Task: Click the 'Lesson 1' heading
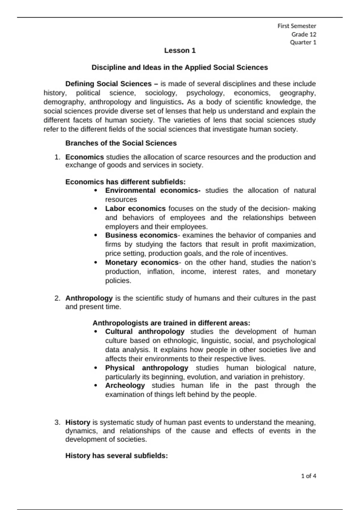pos(180,51)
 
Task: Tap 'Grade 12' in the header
pos(304,34)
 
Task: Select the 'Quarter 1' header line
pos(303,42)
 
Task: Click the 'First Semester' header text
pos(296,26)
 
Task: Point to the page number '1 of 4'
pos(308,476)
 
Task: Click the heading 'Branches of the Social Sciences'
pos(121,143)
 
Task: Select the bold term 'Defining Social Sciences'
pos(108,84)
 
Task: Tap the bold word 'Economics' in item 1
pos(85,157)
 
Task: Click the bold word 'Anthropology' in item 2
pos(89,298)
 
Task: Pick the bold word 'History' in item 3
pos(78,422)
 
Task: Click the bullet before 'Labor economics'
pos(96,208)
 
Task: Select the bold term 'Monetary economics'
pos(142,262)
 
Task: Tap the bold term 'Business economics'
pos(141,235)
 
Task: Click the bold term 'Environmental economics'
pos(152,190)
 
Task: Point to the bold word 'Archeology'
pos(125,385)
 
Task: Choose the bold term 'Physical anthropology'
pos(146,368)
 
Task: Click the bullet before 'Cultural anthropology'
pos(96,332)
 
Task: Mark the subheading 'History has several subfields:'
pos(116,456)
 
